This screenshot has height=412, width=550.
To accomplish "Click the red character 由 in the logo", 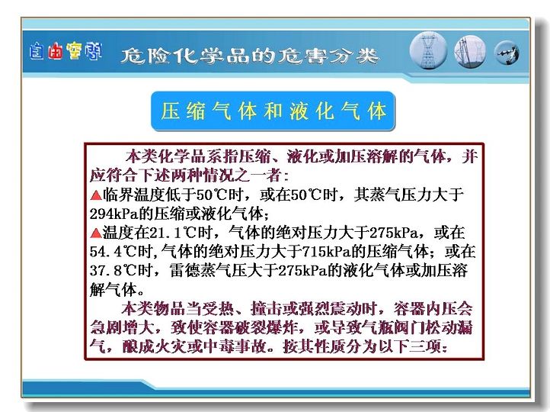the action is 55,51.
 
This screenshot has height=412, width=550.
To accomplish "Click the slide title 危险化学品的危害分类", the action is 250,56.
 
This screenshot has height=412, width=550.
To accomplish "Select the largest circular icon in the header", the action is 428,50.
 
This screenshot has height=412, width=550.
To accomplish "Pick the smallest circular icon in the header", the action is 507,53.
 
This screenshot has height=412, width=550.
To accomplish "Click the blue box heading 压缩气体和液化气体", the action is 273,111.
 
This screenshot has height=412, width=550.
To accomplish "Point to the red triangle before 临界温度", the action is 96,195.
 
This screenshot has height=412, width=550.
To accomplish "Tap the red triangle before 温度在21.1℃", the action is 96,233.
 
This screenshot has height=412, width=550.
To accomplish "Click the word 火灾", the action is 170,346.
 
